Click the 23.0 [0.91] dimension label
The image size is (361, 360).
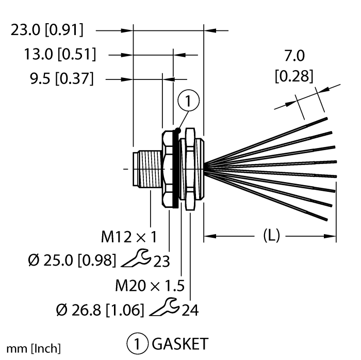[47, 30]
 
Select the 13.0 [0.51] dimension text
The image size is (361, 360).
[60, 55]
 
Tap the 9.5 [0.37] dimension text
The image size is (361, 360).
[62, 78]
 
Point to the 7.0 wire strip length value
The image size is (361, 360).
[294, 56]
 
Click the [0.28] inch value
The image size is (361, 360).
[294, 76]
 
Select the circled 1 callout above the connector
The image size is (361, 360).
[189, 101]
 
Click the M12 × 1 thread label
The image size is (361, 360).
[129, 237]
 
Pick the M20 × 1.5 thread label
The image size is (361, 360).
[150, 286]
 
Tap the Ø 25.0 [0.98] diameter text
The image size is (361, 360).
[72, 261]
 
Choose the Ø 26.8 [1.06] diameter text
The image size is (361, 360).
[100, 310]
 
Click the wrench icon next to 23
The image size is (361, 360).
[136, 258]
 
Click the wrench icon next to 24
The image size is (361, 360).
[165, 307]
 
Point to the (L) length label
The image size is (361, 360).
[271, 236]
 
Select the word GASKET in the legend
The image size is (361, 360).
[180, 344]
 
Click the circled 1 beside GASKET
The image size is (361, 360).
[137, 344]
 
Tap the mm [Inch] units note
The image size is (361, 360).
[34, 349]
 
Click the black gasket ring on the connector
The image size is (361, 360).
[176, 169]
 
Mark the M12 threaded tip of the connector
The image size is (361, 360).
[148, 168]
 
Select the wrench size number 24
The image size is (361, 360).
[190, 310]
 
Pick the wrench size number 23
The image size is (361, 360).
[161, 261]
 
